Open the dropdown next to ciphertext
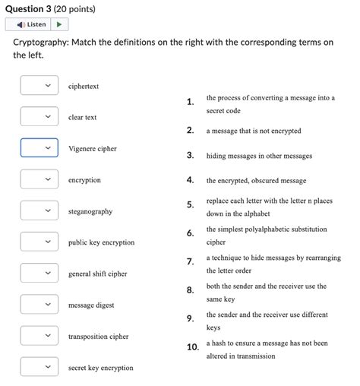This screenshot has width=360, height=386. click(x=39, y=86)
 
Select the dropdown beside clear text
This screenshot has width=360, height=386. click(x=39, y=117)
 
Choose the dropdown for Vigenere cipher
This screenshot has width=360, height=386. click(x=39, y=148)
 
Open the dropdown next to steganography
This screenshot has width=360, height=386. click(x=39, y=210)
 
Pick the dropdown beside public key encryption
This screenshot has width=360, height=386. click(x=39, y=242)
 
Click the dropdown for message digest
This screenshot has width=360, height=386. click(x=39, y=305)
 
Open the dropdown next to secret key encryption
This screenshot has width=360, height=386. click(x=39, y=367)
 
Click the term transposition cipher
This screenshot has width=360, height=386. click(x=98, y=337)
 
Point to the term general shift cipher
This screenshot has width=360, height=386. click(x=97, y=274)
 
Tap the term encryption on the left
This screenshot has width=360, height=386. click(x=84, y=180)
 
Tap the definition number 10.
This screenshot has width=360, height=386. click(x=192, y=347)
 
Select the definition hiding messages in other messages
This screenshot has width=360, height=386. click(x=259, y=156)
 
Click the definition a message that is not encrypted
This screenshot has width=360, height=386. click(x=254, y=131)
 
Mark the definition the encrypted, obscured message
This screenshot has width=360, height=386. click(x=256, y=181)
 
